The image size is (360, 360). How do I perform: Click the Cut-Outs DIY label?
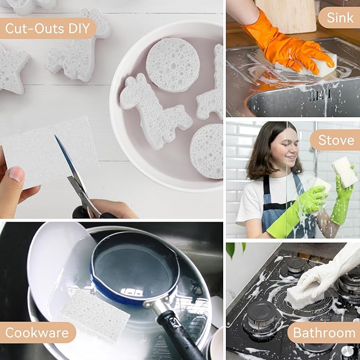(x=48, y=28)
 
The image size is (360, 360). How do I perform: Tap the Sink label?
(x=340, y=17)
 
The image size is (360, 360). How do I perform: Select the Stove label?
(x=336, y=140)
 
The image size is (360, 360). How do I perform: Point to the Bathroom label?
(x=324, y=332)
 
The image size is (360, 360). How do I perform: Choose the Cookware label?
(x=37, y=332)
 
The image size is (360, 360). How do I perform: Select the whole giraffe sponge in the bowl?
(x=153, y=112)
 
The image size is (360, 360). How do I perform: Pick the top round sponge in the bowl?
(x=173, y=65)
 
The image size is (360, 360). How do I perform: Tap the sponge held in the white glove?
(x=304, y=295)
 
